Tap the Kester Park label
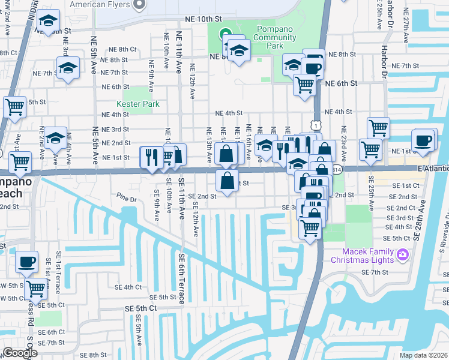(142, 104)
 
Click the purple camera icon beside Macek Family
(402, 254)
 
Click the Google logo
(19, 353)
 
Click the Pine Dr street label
(128, 196)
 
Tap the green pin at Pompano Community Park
(225, 34)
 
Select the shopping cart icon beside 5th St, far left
(14, 107)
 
